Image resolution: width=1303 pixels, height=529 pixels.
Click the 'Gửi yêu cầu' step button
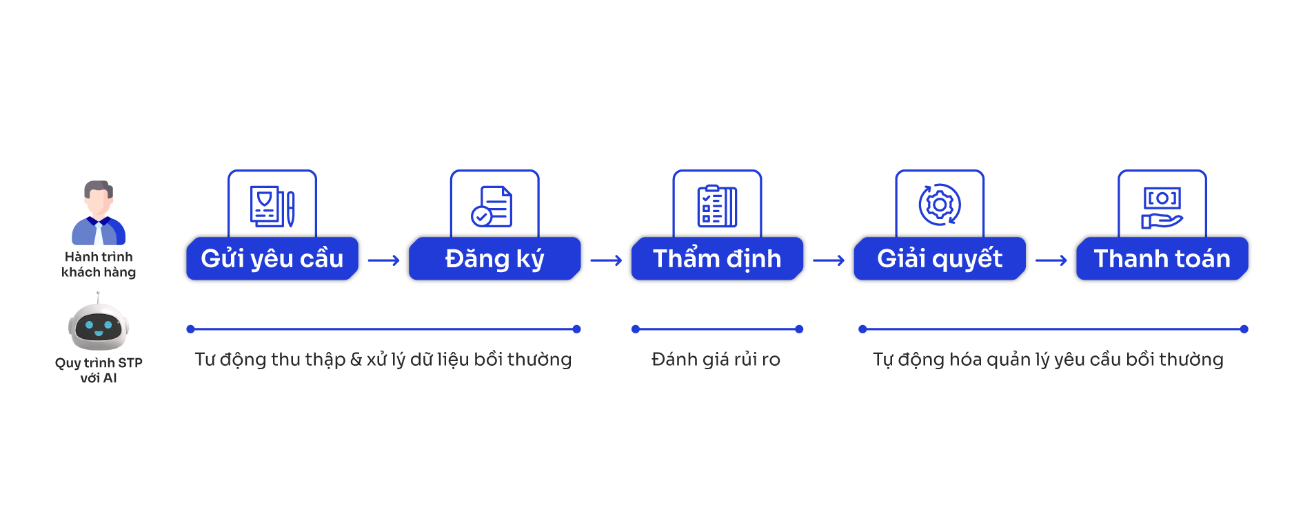click(x=272, y=259)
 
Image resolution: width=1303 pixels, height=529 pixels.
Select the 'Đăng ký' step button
click(x=494, y=259)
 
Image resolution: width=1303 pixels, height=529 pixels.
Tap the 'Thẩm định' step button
click(x=717, y=259)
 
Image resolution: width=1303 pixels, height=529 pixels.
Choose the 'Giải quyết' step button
click(x=939, y=259)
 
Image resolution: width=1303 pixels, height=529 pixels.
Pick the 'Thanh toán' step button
click(x=1162, y=259)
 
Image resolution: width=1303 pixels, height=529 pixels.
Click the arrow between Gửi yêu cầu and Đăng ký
click(x=384, y=260)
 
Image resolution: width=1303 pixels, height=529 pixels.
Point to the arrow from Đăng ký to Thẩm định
click(x=607, y=260)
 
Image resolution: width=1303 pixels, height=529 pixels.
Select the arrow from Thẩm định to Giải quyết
click(x=829, y=260)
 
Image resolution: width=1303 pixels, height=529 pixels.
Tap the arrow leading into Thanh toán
click(x=1051, y=260)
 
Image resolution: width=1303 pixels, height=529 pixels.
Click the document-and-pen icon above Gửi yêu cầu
click(x=272, y=206)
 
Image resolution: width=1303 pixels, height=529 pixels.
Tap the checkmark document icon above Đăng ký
click(x=492, y=206)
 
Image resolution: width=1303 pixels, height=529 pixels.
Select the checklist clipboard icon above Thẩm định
click(x=717, y=206)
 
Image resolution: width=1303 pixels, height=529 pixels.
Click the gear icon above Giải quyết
click(x=940, y=205)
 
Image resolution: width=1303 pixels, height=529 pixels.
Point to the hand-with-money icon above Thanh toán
click(x=1162, y=207)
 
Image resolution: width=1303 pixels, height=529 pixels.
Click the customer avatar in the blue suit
click(x=99, y=214)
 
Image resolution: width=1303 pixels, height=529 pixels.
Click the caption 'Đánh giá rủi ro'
click(x=716, y=360)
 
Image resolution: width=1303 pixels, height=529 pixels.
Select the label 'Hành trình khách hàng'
click(x=99, y=264)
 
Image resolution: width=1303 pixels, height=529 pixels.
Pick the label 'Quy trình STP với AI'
click(x=99, y=371)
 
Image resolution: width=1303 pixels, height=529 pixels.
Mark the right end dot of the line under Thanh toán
click(x=1244, y=329)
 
